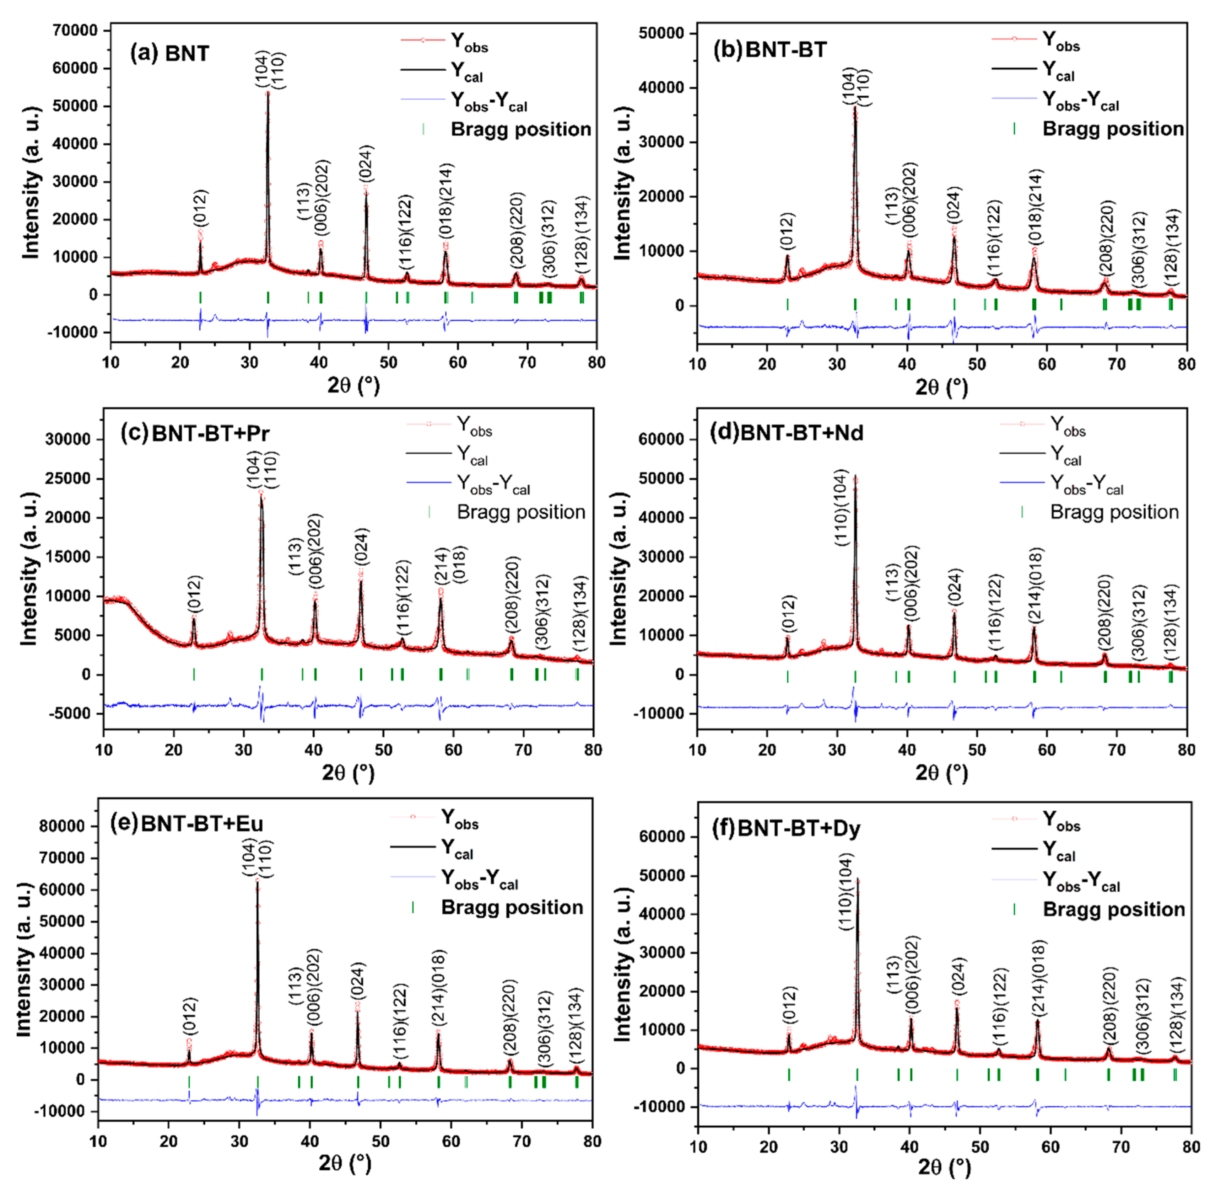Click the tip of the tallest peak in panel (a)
(268, 92)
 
